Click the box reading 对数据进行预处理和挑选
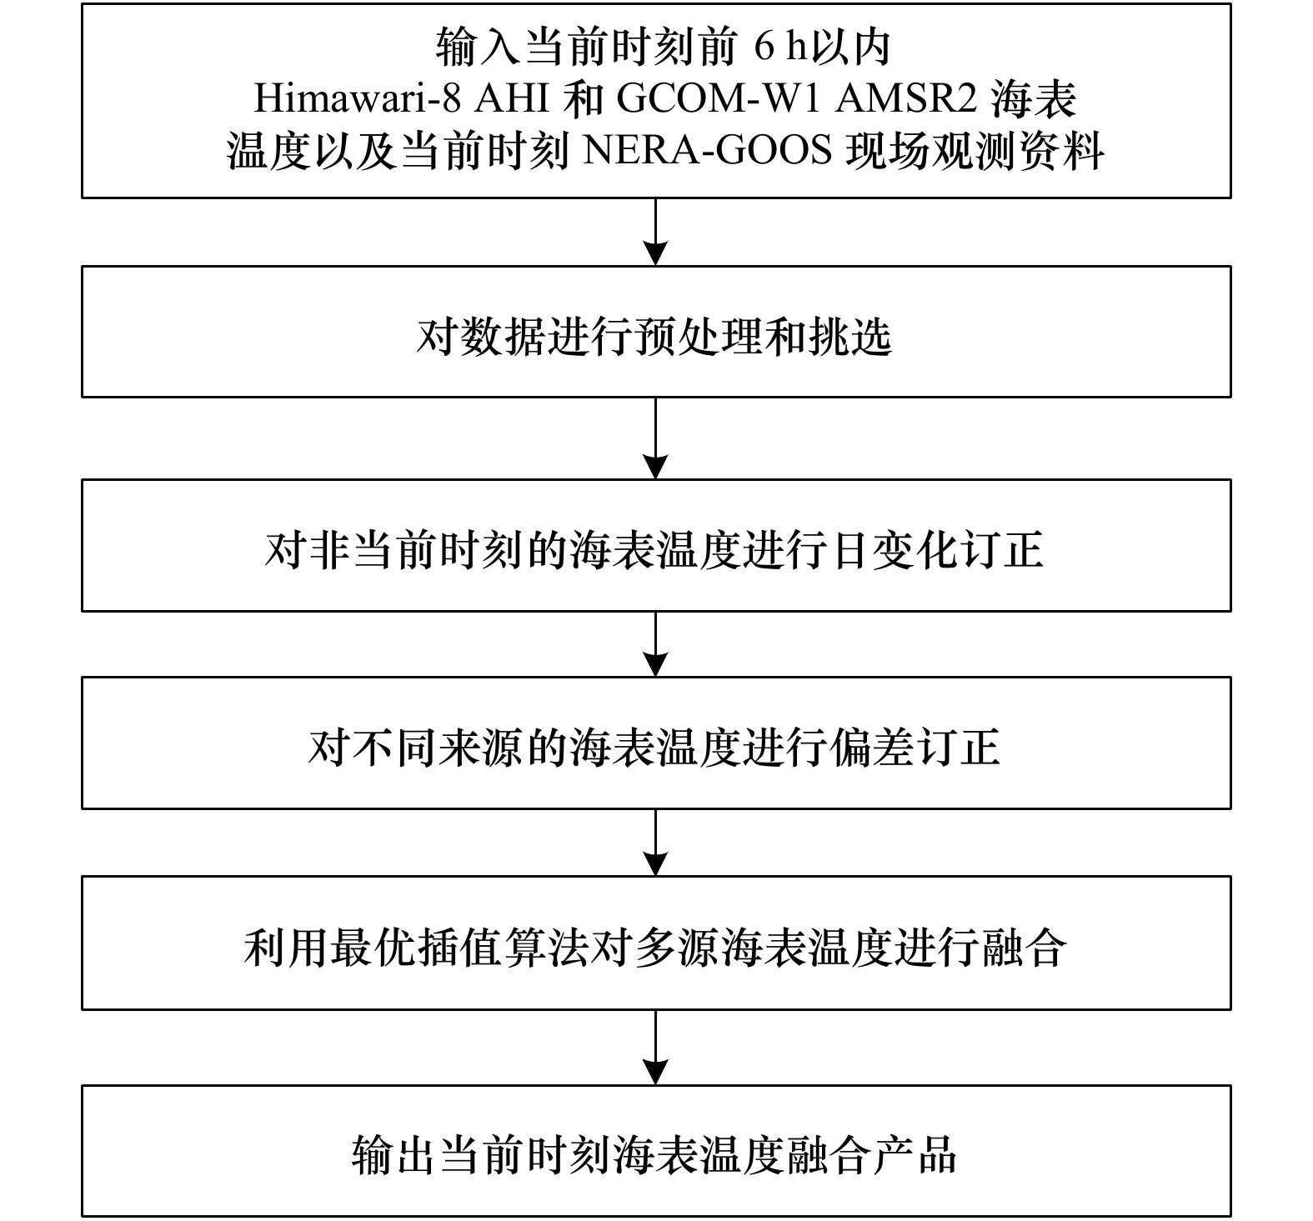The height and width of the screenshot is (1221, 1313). (656, 332)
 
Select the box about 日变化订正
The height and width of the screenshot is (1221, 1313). (656, 545)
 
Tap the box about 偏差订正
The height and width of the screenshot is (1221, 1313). (656, 743)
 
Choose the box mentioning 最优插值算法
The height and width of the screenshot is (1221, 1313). (656, 943)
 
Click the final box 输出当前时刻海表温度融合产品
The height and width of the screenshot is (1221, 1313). (656, 1151)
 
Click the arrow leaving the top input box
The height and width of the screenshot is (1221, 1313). (657, 232)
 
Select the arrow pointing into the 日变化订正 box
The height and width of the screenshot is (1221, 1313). (657, 438)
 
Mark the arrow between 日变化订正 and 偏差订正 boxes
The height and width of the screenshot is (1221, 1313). (657, 644)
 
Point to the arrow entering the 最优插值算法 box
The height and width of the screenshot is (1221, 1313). (657, 843)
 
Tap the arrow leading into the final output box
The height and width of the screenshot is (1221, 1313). (657, 1048)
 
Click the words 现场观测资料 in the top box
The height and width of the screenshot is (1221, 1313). (975, 151)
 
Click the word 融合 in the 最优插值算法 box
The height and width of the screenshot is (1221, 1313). (1025, 948)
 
